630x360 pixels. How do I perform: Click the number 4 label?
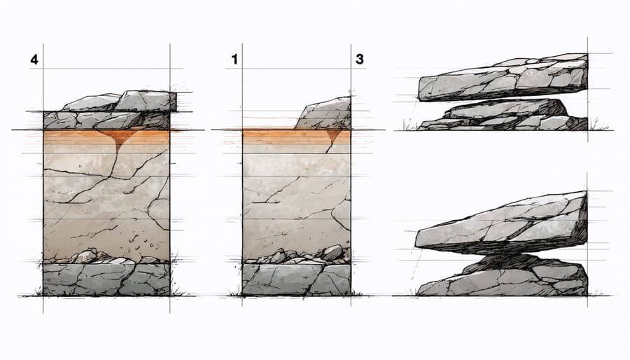click(34, 60)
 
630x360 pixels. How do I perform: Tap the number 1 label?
click(234, 60)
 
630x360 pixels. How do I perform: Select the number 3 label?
click(359, 60)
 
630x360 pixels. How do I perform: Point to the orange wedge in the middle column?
click(333, 136)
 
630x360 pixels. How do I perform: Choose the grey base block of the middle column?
click(296, 279)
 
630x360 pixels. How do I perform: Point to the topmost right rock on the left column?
click(147, 101)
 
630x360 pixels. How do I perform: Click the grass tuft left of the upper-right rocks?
click(407, 126)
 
